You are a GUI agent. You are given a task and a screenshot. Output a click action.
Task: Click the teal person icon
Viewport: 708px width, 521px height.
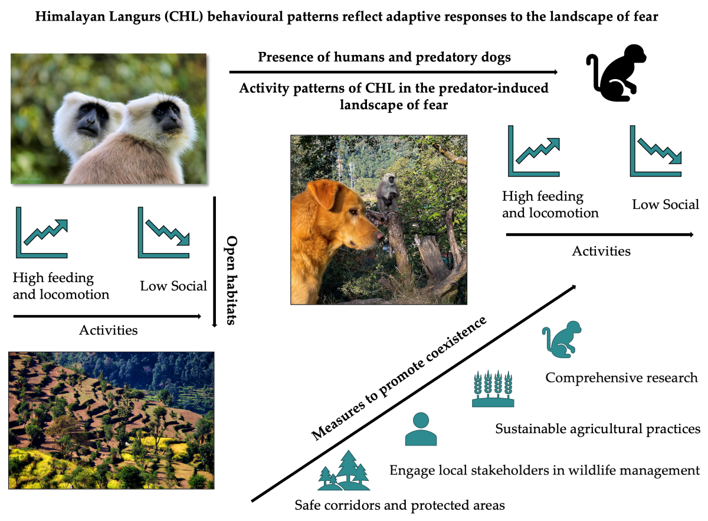421,429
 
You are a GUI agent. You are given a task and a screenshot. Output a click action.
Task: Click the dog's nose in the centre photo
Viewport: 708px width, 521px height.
379,236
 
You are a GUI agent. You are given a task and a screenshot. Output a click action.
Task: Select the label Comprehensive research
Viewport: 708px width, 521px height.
621,378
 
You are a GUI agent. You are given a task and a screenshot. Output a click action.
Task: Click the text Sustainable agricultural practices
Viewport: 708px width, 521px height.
598,428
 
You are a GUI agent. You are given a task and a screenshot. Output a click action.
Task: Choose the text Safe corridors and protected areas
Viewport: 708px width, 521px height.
400,505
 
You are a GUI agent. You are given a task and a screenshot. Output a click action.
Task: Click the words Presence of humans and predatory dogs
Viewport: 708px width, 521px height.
384,58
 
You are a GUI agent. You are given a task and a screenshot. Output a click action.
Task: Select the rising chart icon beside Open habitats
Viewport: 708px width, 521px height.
42,232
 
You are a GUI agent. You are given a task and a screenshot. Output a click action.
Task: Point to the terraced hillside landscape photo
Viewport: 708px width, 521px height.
111,420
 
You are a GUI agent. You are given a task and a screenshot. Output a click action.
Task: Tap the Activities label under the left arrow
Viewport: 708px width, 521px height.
108,330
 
